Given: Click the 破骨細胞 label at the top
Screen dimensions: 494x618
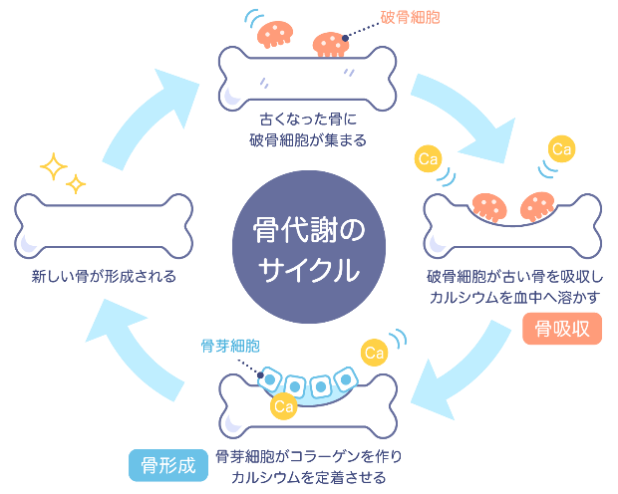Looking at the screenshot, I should point(409,18).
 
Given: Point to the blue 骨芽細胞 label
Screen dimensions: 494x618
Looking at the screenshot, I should point(230,346).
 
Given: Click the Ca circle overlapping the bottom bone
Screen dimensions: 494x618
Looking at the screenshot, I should point(283,405).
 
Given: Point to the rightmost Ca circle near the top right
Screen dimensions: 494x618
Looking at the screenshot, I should point(563,150).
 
